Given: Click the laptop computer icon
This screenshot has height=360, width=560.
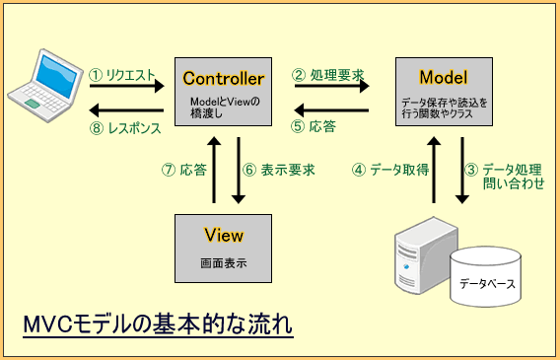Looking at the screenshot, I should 42,82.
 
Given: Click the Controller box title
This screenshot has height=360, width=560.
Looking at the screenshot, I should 223,77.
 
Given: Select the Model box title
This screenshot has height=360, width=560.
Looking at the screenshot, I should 443,77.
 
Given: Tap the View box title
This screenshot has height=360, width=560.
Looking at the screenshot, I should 223,236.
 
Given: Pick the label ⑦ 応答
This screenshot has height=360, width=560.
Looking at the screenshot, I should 184,170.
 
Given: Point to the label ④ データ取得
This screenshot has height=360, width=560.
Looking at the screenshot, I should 391,170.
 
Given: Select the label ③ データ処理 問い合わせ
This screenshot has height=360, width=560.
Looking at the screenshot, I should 507,177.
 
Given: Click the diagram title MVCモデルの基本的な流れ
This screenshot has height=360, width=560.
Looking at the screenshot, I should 157,324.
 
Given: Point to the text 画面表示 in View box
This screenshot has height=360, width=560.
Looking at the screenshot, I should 223,264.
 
